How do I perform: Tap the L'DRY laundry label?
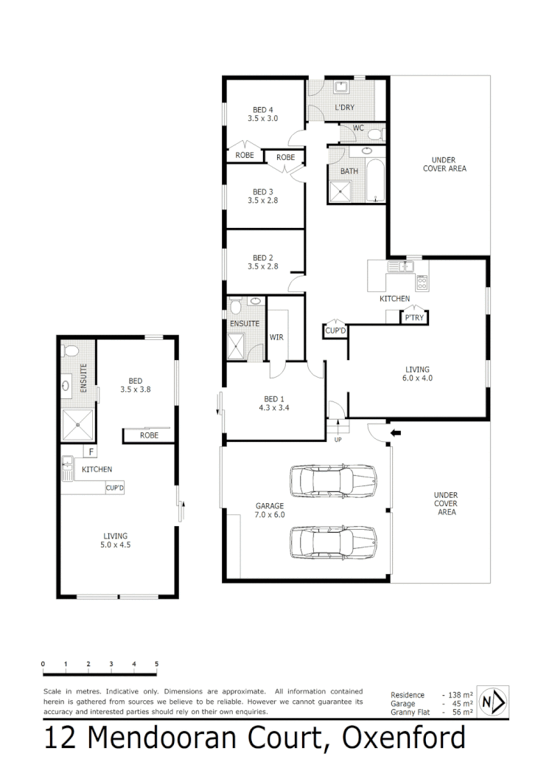tap(344, 108)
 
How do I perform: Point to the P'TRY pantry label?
tap(413, 318)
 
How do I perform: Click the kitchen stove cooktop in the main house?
tap(422, 281)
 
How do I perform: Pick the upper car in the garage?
tap(334, 482)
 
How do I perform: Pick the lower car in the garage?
tap(334, 542)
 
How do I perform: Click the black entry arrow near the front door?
tap(396, 433)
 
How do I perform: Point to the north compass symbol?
tap(492, 702)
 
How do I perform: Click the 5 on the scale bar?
tap(156, 665)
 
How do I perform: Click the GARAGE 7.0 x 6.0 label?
tap(270, 511)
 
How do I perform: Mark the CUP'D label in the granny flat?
tap(114, 488)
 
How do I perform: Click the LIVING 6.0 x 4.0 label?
tap(416, 374)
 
